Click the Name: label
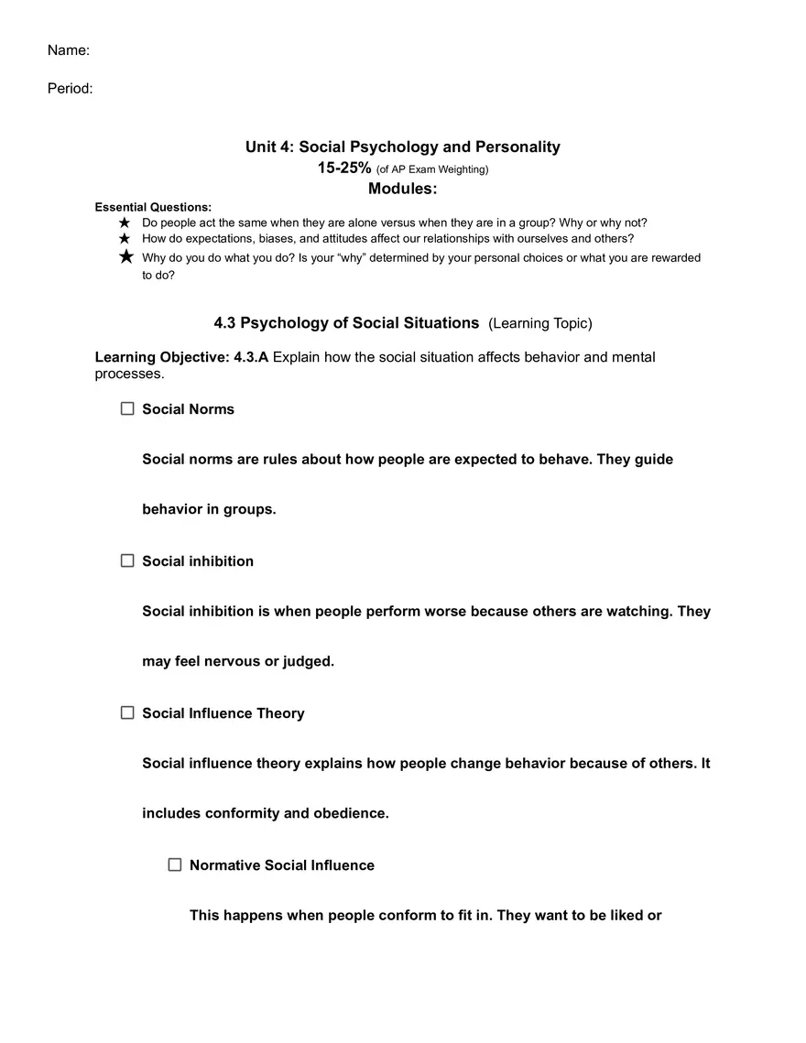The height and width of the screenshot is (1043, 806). (x=69, y=50)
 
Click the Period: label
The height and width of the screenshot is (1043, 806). (x=71, y=89)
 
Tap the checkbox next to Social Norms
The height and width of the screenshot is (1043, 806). (x=127, y=408)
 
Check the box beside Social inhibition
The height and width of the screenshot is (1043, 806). (x=127, y=560)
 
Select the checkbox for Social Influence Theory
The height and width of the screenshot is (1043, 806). (x=127, y=712)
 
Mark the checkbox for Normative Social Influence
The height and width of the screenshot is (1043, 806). (x=175, y=864)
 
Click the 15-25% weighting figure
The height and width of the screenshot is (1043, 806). (x=344, y=168)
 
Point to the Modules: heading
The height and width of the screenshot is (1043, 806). (x=403, y=189)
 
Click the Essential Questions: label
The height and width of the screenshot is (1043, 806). (x=153, y=207)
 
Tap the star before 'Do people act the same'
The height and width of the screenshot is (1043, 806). (x=125, y=223)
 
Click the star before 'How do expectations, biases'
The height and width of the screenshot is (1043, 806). (x=125, y=238)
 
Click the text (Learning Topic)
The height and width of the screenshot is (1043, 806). (x=540, y=323)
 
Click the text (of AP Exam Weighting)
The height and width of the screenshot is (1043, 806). (x=432, y=169)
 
